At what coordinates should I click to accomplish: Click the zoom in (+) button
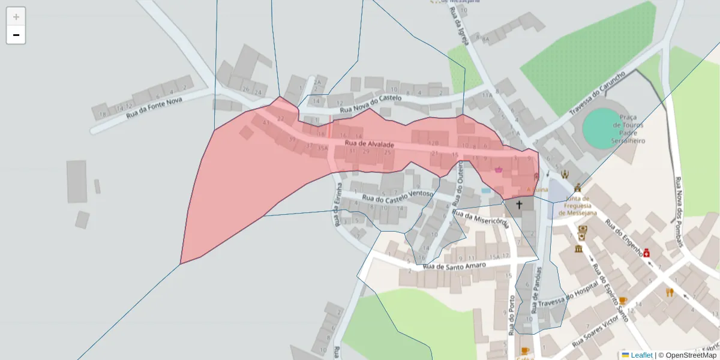click(x=16, y=17)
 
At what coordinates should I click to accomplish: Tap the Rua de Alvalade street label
click(x=370, y=145)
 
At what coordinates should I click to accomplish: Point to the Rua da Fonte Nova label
click(x=154, y=107)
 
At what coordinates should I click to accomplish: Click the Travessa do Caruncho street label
click(x=597, y=93)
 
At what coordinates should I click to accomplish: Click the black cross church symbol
click(x=519, y=205)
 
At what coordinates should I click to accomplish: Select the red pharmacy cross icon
click(x=647, y=254)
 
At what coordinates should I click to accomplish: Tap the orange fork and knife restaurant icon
click(x=670, y=293)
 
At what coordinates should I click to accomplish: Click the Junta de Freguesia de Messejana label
click(x=579, y=206)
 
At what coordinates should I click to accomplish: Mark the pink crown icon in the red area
click(x=499, y=170)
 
